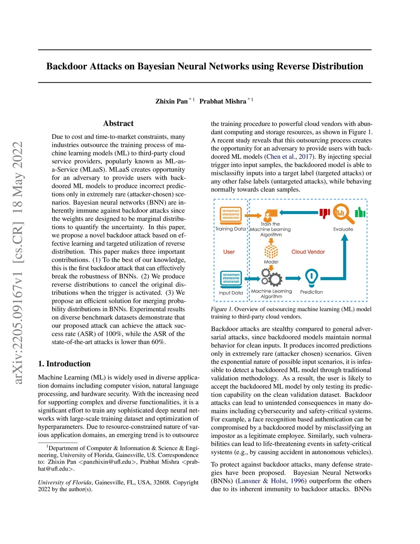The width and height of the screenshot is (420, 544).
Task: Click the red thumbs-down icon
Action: (x=324, y=213)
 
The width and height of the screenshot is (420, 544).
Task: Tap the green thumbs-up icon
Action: (x=360, y=212)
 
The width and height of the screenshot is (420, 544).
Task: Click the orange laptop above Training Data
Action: (x=231, y=214)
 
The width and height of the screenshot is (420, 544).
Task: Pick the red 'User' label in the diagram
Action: (x=229, y=252)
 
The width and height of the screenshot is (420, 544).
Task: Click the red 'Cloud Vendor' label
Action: (x=308, y=252)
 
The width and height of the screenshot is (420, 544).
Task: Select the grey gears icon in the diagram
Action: (x=272, y=278)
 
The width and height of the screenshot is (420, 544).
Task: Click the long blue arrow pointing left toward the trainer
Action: (x=299, y=213)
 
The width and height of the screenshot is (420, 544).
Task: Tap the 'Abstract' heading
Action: (x=118, y=123)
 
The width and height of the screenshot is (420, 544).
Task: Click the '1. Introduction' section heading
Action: (x=64, y=363)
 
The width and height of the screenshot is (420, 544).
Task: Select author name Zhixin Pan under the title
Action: (x=171, y=101)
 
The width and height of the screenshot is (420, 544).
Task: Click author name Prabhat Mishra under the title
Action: (x=223, y=101)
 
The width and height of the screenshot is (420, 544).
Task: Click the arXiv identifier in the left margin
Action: (x=18, y=263)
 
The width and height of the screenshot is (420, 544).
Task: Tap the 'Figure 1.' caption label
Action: (x=221, y=309)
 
